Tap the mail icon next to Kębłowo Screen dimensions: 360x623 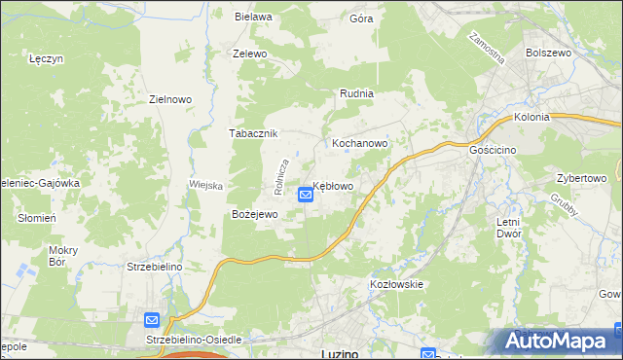[306, 195]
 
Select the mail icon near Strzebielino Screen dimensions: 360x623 [152, 319]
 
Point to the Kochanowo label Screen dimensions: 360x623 [360, 142]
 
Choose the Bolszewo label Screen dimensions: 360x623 [547, 53]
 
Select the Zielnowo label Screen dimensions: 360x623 [169, 98]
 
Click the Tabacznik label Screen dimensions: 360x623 [253, 133]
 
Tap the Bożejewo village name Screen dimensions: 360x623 [254, 214]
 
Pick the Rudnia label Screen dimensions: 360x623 [357, 93]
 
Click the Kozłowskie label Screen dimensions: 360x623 [396, 284]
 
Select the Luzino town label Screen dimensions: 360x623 [341, 353]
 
